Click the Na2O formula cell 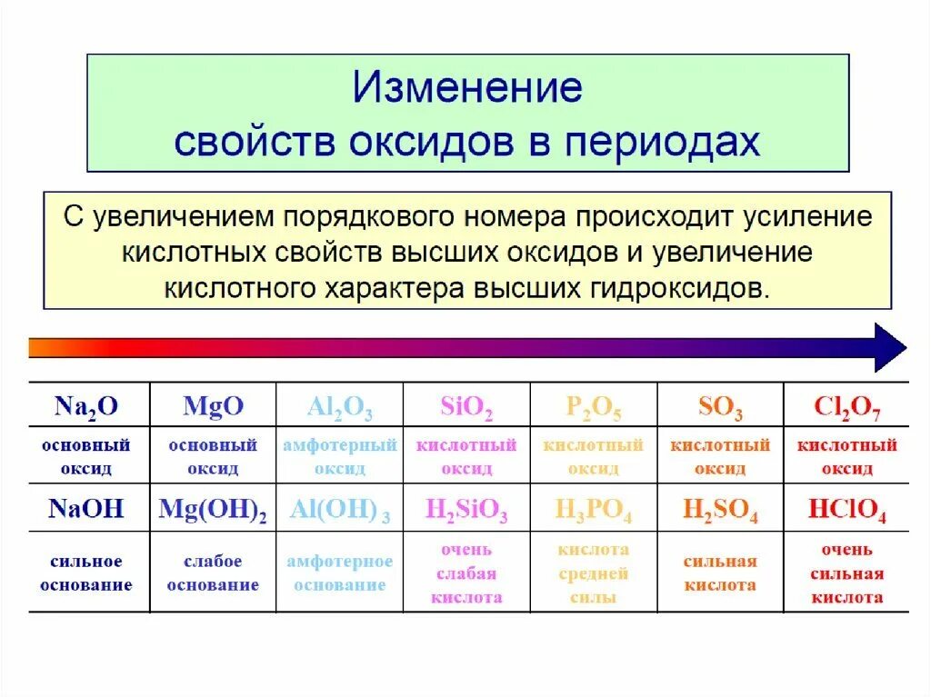pos(86,406)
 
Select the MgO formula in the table pos(214,406)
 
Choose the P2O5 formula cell pos(594,408)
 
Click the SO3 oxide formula pos(720,408)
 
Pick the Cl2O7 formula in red pos(847,408)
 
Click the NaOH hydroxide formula pos(86,508)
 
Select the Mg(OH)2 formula pos(213,510)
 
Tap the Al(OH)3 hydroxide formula pos(340,510)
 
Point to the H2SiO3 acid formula pos(466,511)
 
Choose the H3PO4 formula pos(594,511)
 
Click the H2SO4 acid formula pos(720,511)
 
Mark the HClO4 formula pos(847,511)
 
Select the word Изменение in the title pos(467,89)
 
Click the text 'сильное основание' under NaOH pos(86,573)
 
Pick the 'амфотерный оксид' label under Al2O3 pos(340,457)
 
